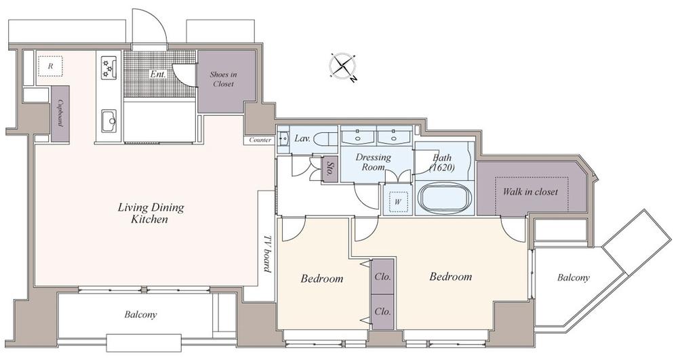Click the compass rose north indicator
tap(353, 79)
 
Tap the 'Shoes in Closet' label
tap(223, 79)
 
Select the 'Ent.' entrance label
tap(158, 74)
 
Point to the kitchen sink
tap(109, 121)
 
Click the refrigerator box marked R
tap(50, 66)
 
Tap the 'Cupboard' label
tap(61, 114)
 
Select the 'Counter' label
tap(261, 140)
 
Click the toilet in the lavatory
tap(325, 140)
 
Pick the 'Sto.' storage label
tap(329, 169)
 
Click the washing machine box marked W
tap(398, 201)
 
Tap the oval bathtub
tap(445, 199)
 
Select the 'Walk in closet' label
tap(530, 191)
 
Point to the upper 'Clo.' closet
tap(382, 276)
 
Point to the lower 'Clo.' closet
tap(382, 312)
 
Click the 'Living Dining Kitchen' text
tap(151, 213)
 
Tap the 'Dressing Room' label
tap(373, 162)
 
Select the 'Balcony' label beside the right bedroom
tap(573, 277)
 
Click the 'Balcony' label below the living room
tap(140, 315)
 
